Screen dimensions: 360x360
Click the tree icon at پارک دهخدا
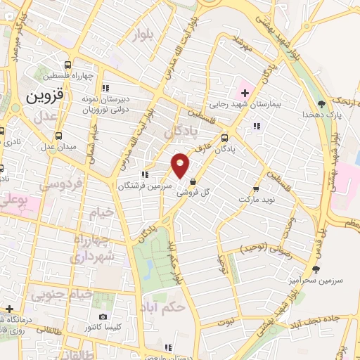[x=322, y=104]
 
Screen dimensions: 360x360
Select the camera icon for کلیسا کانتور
[x=103, y=318]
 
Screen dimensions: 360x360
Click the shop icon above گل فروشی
[x=193, y=181]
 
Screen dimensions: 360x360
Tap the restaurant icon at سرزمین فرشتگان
[x=143, y=174]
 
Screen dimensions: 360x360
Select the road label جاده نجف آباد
[x=330, y=317]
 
